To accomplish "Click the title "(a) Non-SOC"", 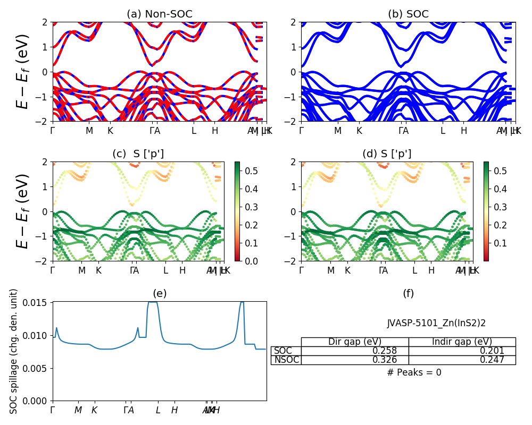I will pyautogui.click(x=160, y=14).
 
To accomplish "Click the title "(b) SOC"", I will pyautogui.click(x=408, y=14).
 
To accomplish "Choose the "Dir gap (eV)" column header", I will pyautogui.click(x=355, y=342).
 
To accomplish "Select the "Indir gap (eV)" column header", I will pyautogui.click(x=462, y=342).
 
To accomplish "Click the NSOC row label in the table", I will pyautogui.click(x=286, y=360).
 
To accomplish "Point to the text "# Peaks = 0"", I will pyautogui.click(x=414, y=372).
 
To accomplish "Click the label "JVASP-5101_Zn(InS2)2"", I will pyautogui.click(x=436, y=323).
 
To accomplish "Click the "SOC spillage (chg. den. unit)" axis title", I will pyautogui.click(x=14, y=351).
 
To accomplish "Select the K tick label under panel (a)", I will pyautogui.click(x=110, y=131).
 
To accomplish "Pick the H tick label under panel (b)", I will pyautogui.click(x=463, y=131).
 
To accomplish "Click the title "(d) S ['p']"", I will pyautogui.click(x=387, y=154).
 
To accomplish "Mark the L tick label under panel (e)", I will pyautogui.click(x=158, y=410).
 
